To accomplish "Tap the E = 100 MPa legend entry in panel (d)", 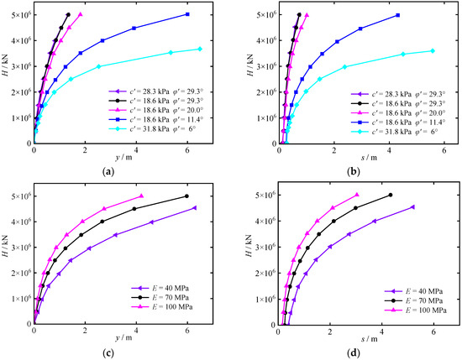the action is pyautogui.click(x=416, y=310).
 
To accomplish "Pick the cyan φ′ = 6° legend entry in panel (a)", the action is pyautogui.click(x=156, y=128).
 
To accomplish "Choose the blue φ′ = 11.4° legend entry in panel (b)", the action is pyautogui.click(x=398, y=122).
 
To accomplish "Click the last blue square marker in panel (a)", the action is pyautogui.click(x=187, y=14).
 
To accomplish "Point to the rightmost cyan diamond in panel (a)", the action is pyautogui.click(x=200, y=50).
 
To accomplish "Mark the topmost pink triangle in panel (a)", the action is pyautogui.click(x=81, y=14).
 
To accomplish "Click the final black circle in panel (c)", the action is pyautogui.click(x=186, y=196).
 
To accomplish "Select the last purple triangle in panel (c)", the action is pyautogui.click(x=195, y=208).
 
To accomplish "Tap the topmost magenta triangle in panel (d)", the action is pyautogui.click(x=357, y=195).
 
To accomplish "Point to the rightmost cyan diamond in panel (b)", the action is pyautogui.click(x=433, y=51).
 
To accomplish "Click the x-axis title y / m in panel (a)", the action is pyautogui.click(x=123, y=158).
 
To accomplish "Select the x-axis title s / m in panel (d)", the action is pyautogui.click(x=369, y=339).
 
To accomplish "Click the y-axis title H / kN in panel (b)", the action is pyautogui.click(x=250, y=65).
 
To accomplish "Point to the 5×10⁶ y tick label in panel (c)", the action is pyautogui.click(x=21, y=196).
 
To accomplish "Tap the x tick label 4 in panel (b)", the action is pyautogui.click(x=390, y=150).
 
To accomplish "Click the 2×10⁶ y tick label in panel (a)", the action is pyautogui.click(x=21, y=91).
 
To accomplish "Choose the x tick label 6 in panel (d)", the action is pyautogui.click(x=433, y=331).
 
